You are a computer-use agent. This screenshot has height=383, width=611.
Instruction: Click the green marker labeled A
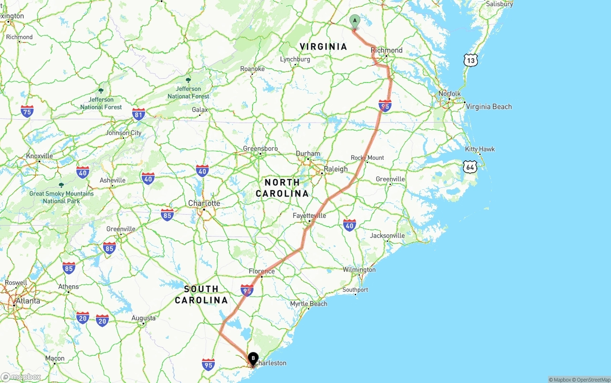click(355, 21)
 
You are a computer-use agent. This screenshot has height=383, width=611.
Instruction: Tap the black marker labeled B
click(253, 358)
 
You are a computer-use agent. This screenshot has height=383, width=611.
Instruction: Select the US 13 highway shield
click(471, 60)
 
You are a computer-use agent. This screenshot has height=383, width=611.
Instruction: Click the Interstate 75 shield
click(27, 112)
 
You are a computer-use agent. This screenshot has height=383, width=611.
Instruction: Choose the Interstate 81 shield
click(138, 114)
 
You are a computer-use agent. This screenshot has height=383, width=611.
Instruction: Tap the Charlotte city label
click(204, 203)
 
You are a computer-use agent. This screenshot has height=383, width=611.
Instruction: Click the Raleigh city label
click(336, 169)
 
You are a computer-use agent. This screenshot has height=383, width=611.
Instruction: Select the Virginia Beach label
click(488, 107)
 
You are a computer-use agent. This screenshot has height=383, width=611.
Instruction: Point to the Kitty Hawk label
click(480, 149)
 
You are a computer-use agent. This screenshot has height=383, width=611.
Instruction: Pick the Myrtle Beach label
click(309, 304)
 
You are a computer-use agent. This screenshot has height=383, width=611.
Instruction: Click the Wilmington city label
click(359, 270)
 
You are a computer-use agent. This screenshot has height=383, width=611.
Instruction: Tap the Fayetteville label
click(309, 216)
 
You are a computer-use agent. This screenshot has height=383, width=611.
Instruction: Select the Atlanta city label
click(28, 301)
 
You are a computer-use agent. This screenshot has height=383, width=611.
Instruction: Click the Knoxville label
click(40, 156)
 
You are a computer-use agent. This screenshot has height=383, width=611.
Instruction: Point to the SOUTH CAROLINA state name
click(201, 294)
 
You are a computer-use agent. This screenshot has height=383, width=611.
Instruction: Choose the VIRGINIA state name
click(323, 47)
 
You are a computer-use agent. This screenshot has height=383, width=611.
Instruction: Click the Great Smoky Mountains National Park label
click(61, 197)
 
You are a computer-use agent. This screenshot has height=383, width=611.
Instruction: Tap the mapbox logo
click(21, 377)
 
